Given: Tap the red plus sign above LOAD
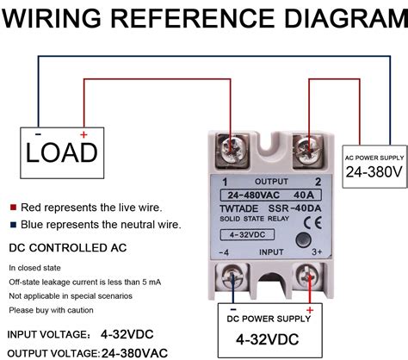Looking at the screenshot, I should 83,134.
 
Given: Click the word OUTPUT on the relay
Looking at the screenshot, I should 271,182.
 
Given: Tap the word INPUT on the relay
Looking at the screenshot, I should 270,251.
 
